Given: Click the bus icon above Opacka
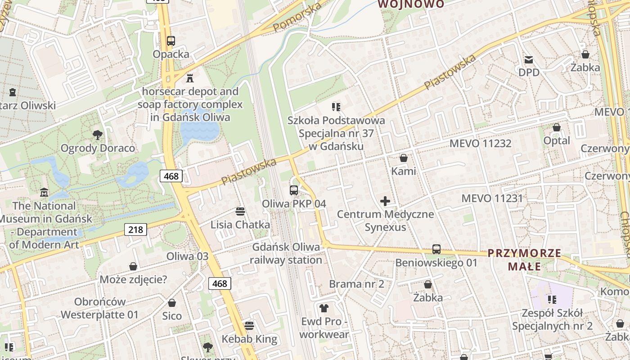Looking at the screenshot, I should [171, 41].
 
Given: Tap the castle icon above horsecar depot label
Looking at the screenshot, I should [190, 78].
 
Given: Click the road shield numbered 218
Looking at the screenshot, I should [135, 229].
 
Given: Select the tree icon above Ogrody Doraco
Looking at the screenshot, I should [97, 135].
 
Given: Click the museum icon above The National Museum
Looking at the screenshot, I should [44, 192].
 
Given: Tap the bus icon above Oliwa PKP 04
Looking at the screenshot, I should [294, 190].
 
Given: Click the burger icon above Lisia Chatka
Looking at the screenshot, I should [240, 211].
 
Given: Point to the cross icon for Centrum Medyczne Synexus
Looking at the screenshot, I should [385, 201].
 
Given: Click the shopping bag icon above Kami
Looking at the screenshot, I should [404, 158].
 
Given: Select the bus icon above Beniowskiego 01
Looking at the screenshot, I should [436, 249].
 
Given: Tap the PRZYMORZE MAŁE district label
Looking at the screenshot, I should [525, 260].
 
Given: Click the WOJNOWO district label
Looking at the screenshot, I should [411, 4].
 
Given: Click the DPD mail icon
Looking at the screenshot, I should [529, 59].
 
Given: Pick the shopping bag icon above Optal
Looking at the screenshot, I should [557, 127].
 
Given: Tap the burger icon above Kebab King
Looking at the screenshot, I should [249, 325].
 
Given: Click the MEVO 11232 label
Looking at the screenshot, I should [481, 144].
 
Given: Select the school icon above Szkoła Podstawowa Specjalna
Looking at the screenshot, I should [336, 107].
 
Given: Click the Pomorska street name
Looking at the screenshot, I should [297, 17].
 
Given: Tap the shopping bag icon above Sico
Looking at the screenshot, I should [172, 303].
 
